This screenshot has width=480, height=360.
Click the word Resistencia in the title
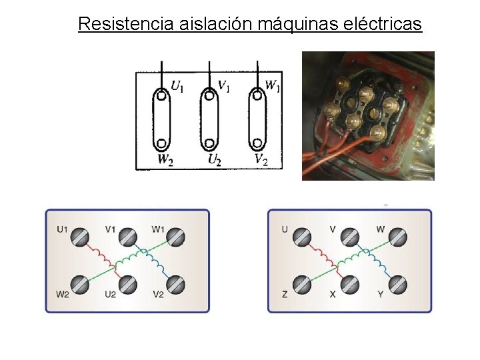126,24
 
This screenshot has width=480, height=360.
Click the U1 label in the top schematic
178,85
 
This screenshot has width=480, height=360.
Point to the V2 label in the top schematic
261,159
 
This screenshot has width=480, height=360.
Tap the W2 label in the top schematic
164,159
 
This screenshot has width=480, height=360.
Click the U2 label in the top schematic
213,159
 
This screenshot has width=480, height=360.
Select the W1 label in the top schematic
273,85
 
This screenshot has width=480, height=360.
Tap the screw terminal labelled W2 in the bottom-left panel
80,285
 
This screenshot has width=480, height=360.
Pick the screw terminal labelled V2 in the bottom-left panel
175,285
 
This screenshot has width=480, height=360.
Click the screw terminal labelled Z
303,285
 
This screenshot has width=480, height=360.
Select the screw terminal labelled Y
398,285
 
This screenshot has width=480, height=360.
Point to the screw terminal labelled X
351,285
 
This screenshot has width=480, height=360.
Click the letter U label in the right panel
285,229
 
